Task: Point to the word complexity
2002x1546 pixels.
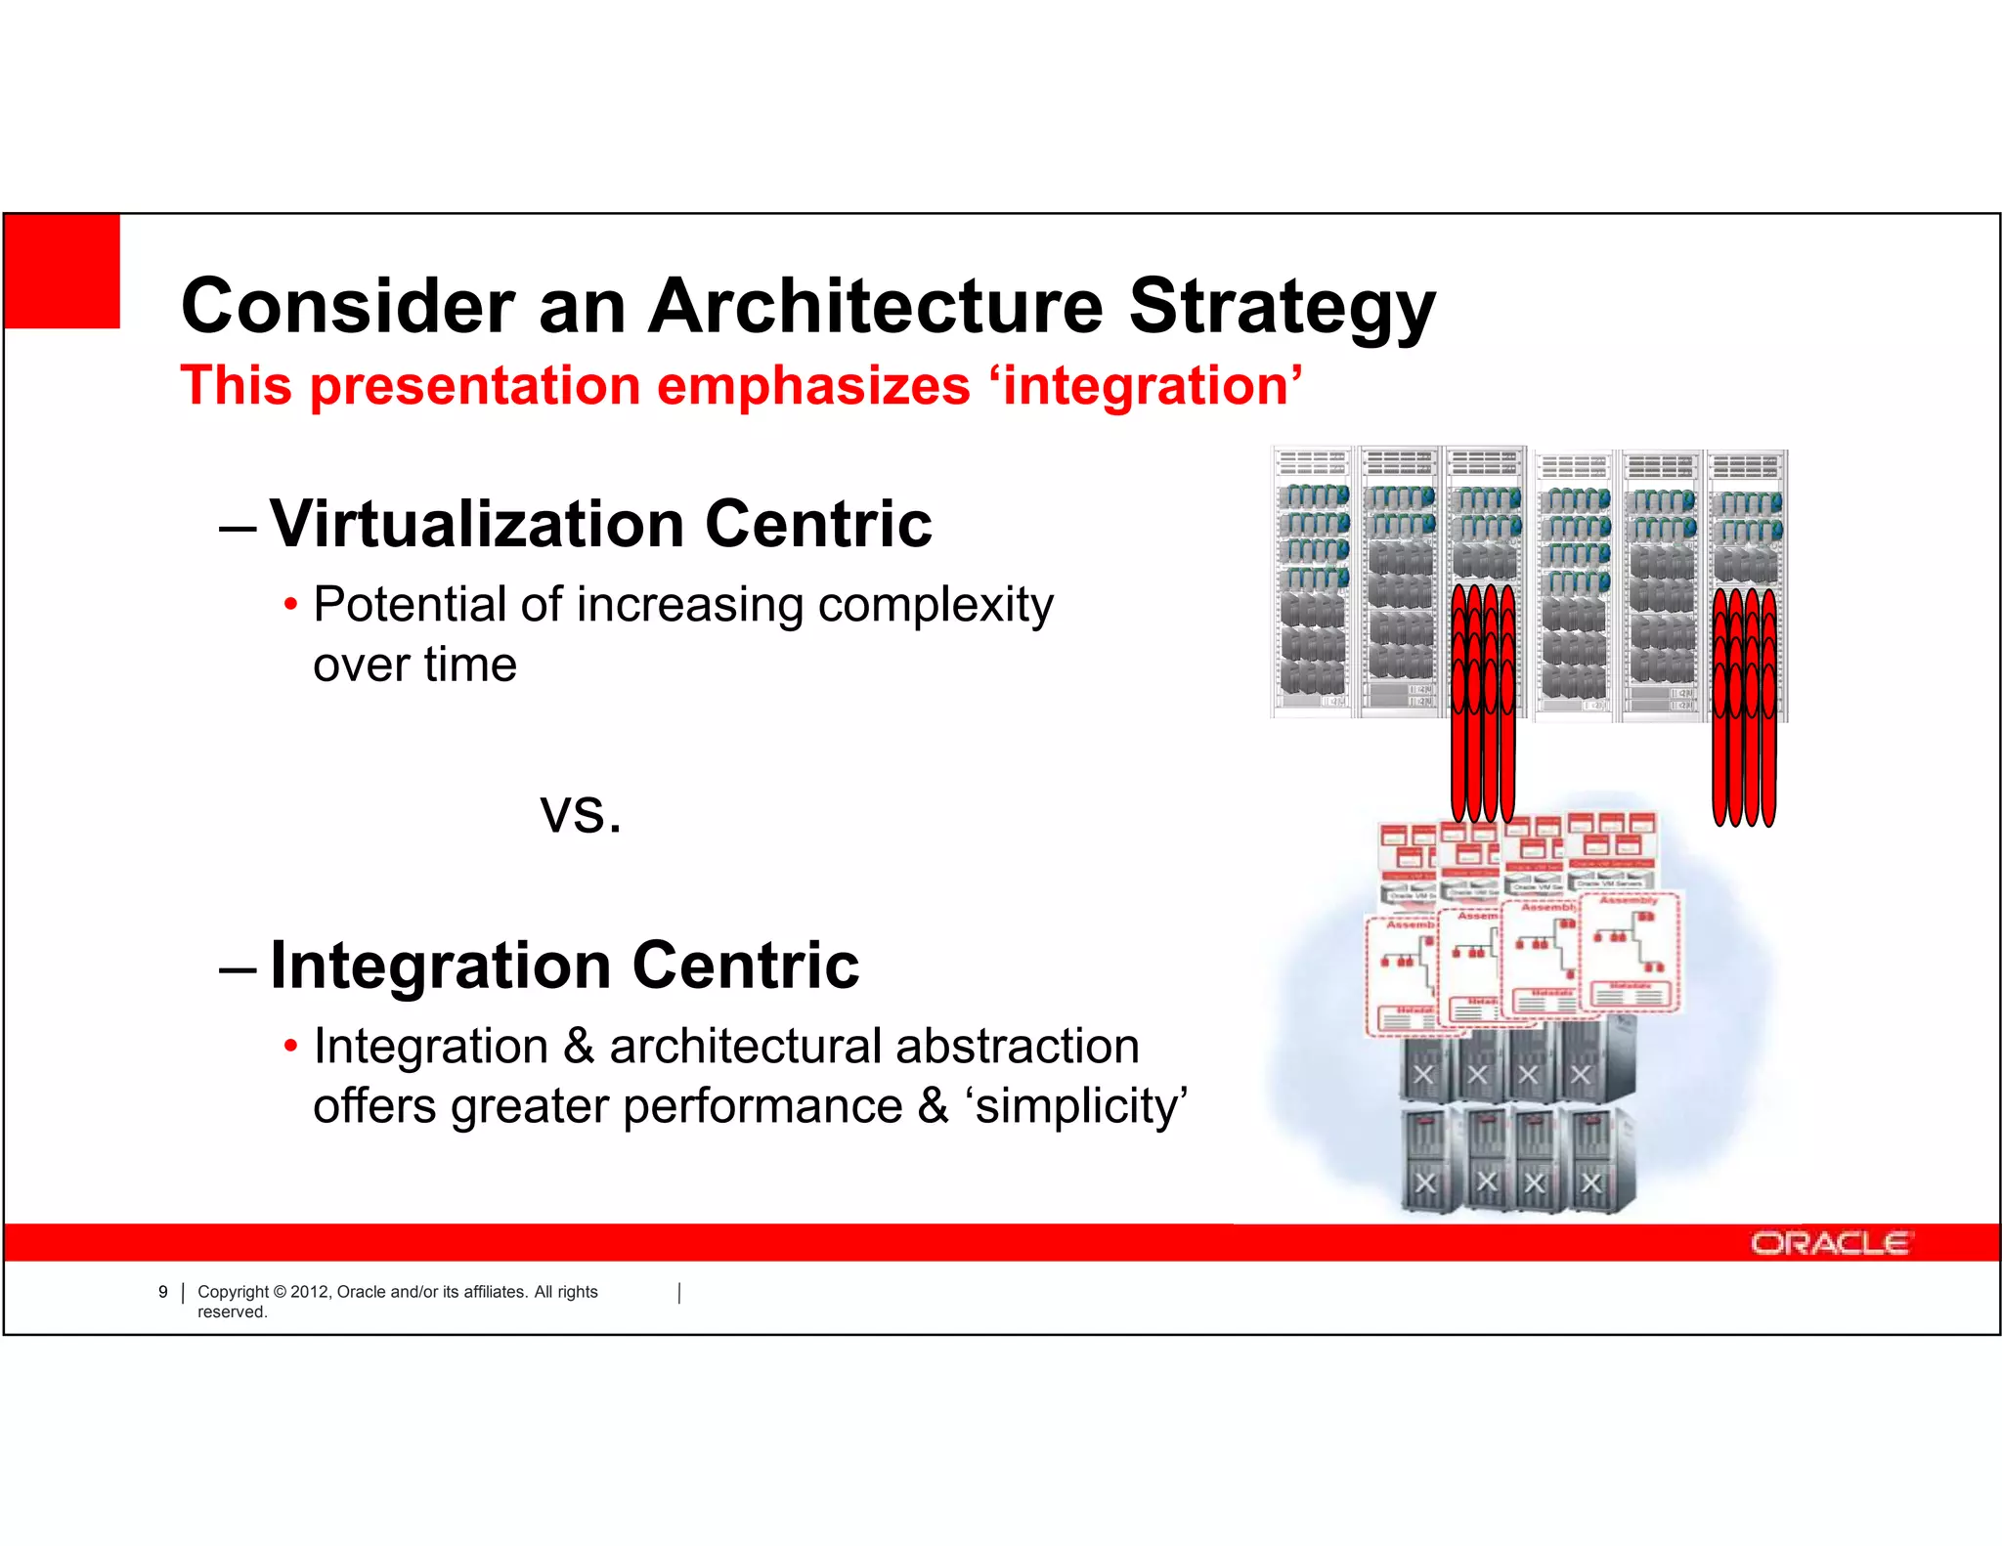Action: (936, 606)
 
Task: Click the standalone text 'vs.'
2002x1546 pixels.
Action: (581, 813)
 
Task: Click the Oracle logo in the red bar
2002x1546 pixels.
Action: (1829, 1243)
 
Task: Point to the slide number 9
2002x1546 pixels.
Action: (163, 1292)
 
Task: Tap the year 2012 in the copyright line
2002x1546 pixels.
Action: (311, 1292)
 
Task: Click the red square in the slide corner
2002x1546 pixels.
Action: (63, 271)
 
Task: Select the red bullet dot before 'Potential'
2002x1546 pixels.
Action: (290, 604)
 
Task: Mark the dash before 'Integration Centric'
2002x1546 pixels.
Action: (239, 969)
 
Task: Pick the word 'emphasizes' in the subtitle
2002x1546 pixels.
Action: (813, 385)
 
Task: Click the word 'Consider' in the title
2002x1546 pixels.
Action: (348, 307)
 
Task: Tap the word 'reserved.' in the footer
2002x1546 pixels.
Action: (233, 1312)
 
